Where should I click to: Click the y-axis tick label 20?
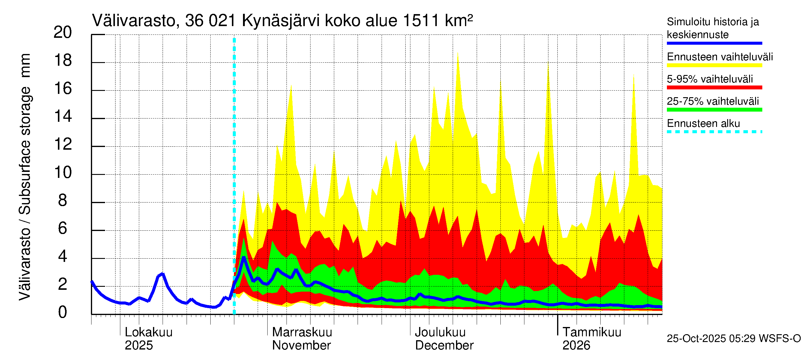63,32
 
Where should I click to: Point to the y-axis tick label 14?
63,117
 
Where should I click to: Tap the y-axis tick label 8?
63,201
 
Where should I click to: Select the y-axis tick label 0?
63,313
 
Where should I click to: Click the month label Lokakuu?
148,332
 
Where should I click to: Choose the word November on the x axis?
301,346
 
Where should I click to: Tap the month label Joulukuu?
440,332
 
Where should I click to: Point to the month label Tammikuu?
592,332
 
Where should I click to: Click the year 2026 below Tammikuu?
576,346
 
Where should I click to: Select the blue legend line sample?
714,43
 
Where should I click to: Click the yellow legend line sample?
714,65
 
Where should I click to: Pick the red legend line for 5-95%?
714,87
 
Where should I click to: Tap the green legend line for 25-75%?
714,110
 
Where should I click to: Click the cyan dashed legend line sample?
714,132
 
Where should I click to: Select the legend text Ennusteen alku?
703,124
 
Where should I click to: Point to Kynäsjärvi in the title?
280,21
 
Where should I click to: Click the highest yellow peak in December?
457,53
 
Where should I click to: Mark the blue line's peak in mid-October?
162,274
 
